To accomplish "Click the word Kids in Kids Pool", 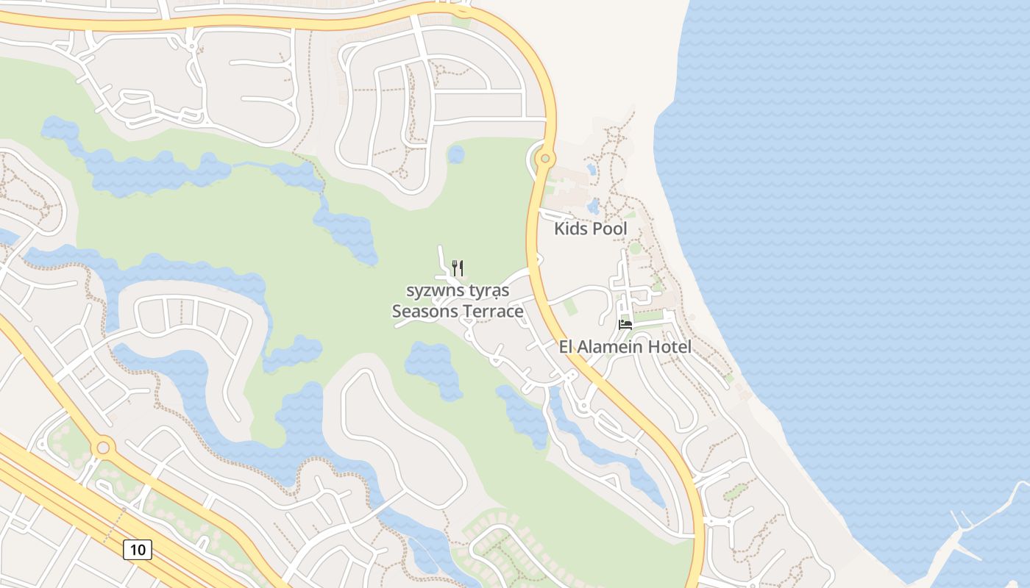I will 571,229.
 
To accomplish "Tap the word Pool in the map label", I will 610,229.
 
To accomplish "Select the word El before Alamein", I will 567,347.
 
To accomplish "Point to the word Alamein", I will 611,347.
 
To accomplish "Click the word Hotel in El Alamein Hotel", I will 669,347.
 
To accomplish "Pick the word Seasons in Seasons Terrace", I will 424,312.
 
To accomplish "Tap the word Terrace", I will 492,312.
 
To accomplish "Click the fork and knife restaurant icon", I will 457,267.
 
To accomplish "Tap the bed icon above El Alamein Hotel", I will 625,324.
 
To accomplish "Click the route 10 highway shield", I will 138,549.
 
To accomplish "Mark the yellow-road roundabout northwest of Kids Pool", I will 545,158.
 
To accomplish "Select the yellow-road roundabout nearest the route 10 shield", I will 103,446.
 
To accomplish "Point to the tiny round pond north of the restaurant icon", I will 456,154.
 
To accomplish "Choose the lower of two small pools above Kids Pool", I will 594,206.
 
